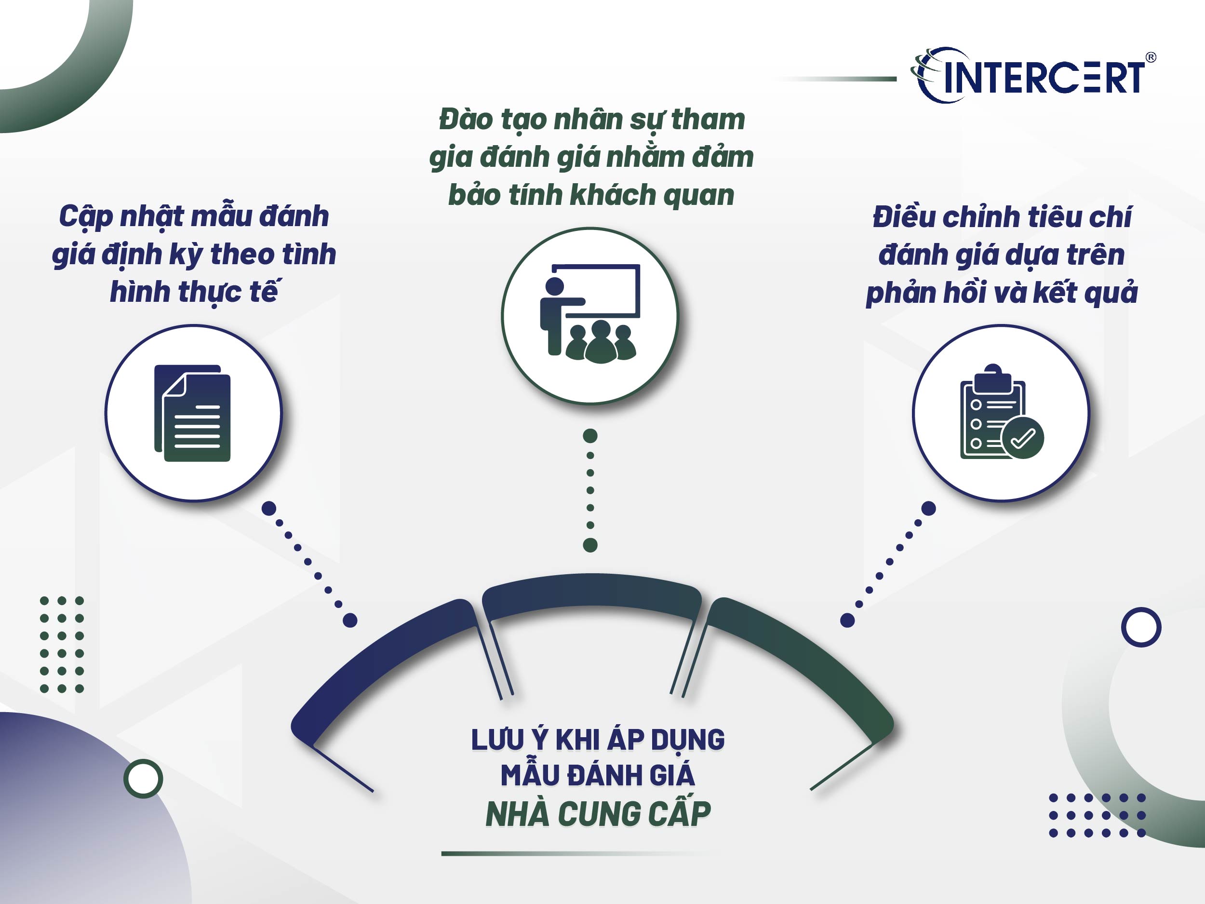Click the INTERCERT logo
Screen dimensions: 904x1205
[x=1032, y=76]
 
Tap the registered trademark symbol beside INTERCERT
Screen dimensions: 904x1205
[x=1151, y=57]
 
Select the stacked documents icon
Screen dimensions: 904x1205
[x=193, y=413]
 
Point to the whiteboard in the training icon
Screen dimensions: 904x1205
[x=602, y=290]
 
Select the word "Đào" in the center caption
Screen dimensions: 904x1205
[x=465, y=120]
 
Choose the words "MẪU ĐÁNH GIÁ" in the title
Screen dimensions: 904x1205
[x=598, y=776]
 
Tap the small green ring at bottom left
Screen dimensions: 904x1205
[x=143, y=779]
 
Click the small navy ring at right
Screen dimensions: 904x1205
[x=1141, y=627]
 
